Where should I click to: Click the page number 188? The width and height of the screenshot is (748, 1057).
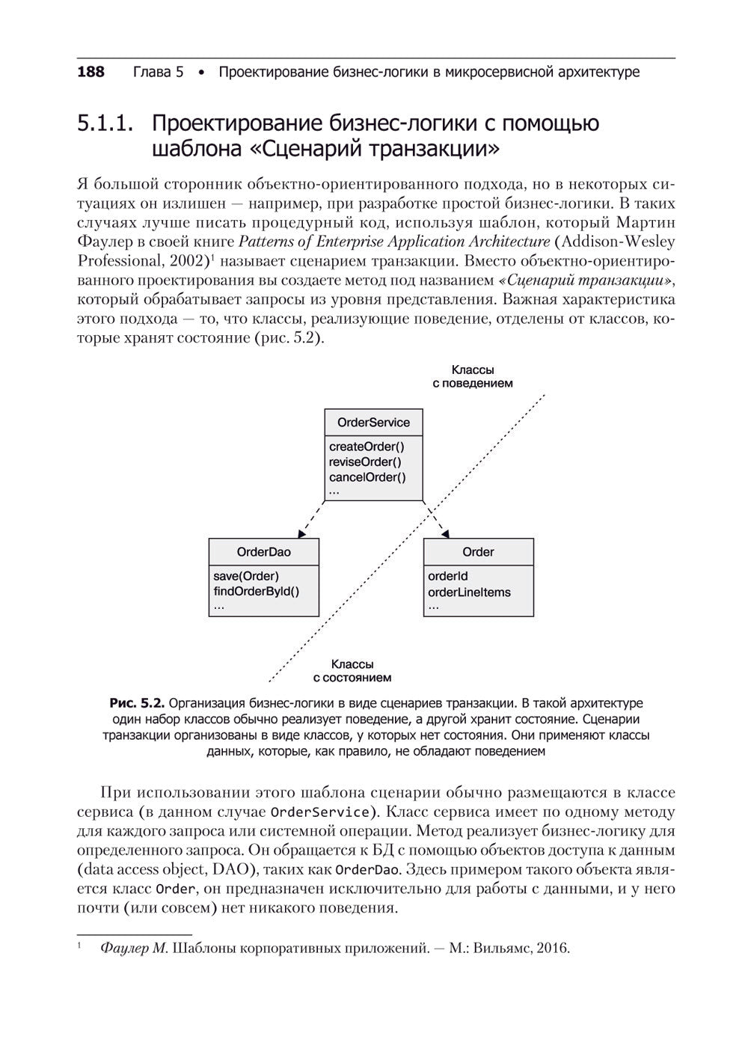tap(91, 73)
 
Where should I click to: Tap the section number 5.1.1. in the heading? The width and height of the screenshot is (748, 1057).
tap(105, 123)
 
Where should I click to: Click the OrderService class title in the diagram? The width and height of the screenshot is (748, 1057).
tap(373, 423)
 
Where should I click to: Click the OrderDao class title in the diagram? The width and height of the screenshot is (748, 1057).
tap(263, 552)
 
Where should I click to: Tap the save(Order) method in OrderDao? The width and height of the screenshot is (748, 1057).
tap(245, 576)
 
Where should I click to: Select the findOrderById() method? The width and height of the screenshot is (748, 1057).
tap(256, 592)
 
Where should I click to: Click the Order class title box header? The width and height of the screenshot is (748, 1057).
tap(478, 552)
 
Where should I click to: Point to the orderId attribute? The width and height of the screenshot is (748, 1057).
tap(447, 576)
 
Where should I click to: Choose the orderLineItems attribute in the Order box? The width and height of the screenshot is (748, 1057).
tap(469, 592)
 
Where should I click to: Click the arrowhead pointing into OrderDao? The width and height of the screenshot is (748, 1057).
tap(301, 533)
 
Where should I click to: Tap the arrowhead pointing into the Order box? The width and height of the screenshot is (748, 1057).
tap(447, 533)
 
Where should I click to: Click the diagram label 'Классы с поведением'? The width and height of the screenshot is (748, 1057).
tap(473, 376)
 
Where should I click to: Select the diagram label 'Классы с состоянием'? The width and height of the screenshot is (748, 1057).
tap(352, 671)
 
